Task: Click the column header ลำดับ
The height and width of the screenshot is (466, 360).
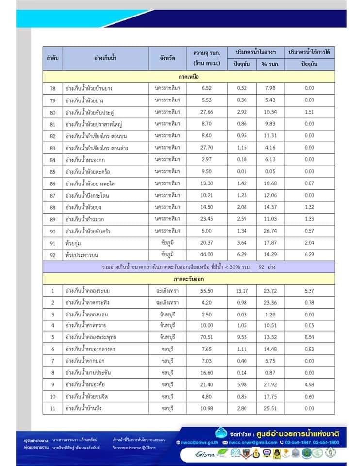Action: point(52,58)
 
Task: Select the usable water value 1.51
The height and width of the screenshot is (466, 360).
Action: point(309,112)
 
